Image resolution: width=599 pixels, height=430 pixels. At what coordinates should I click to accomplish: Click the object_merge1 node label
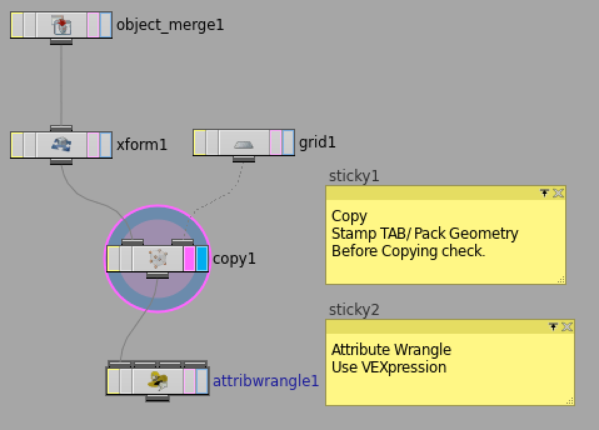[169, 25]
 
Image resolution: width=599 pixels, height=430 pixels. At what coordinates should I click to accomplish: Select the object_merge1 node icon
[61, 26]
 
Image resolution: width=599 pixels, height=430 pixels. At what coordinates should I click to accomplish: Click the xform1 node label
[142, 144]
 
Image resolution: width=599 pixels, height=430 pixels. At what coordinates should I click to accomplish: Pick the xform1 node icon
[61, 145]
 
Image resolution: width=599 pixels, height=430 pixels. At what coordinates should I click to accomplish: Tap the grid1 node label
[317, 142]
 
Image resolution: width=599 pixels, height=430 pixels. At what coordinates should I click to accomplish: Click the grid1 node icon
[244, 143]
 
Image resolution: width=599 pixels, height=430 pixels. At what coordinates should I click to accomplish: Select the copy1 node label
[234, 258]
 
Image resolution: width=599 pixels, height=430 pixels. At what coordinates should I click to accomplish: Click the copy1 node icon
[158, 258]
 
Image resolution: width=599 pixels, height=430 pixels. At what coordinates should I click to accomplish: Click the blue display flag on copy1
[202, 258]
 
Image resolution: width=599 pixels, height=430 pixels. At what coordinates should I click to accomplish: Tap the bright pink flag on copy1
[189, 258]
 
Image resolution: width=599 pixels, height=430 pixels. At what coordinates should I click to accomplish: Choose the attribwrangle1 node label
[266, 381]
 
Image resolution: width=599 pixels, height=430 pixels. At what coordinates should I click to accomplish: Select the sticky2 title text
[354, 309]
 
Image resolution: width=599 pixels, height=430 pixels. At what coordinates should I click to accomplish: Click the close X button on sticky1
[558, 193]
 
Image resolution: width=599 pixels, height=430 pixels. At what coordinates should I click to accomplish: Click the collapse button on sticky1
[545, 193]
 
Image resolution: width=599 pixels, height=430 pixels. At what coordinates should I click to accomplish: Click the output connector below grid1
[244, 159]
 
